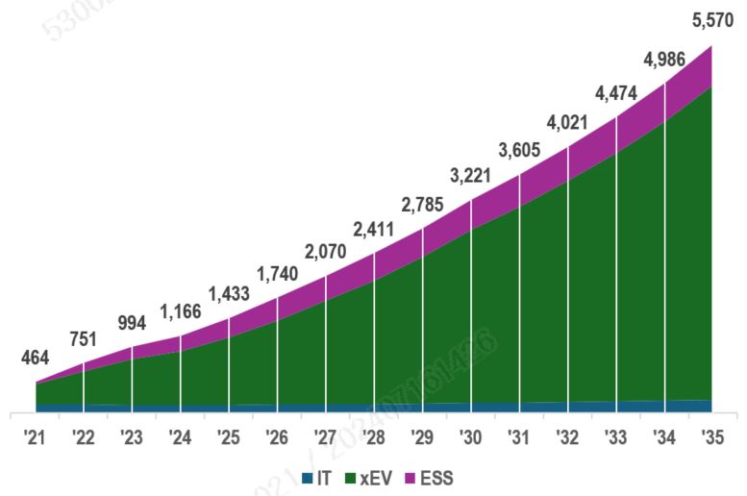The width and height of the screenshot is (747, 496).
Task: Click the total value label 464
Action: (x=36, y=358)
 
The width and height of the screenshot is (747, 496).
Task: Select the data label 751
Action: (x=85, y=338)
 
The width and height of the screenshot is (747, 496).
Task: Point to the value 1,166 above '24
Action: (x=180, y=310)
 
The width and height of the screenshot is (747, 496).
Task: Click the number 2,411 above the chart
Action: (x=373, y=230)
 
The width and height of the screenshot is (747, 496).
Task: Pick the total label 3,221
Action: (x=470, y=176)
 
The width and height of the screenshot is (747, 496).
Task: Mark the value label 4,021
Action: (x=567, y=122)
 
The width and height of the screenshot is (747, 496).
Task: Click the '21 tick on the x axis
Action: (x=36, y=438)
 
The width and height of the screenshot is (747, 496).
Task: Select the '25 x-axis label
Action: (x=228, y=438)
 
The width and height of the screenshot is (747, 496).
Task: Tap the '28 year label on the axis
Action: (x=373, y=438)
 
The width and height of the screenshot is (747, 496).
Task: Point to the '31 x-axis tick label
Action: (x=518, y=438)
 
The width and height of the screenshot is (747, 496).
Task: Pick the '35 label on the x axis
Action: (x=711, y=438)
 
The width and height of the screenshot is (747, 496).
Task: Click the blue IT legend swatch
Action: (x=308, y=478)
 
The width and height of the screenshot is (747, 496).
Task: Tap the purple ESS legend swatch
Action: (x=410, y=478)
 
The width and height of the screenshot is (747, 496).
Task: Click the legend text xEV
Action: (x=374, y=478)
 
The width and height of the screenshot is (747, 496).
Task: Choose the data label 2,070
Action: (x=325, y=253)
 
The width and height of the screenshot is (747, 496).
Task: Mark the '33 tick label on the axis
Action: (x=615, y=438)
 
